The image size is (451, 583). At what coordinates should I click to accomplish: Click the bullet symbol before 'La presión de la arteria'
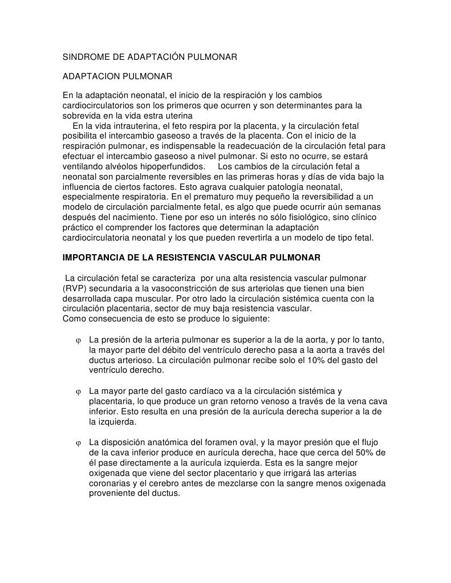(x=78, y=341)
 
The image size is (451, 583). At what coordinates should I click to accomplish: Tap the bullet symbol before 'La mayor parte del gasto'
(x=78, y=392)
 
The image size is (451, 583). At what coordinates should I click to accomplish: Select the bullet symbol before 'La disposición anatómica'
(x=78, y=443)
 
